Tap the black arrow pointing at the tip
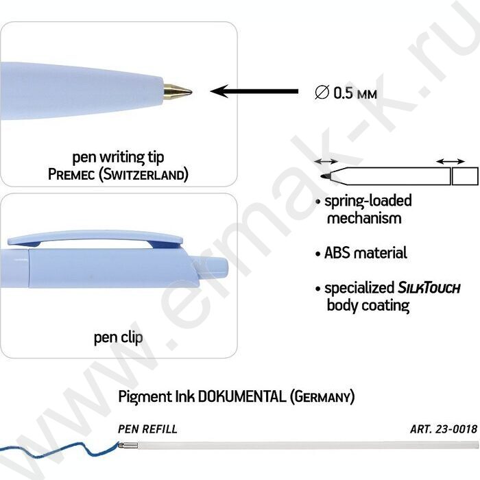click(x=254, y=91)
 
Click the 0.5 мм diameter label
click(x=346, y=93)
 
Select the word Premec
click(x=72, y=175)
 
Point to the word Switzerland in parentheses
click(x=144, y=175)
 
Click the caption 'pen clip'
click(x=118, y=337)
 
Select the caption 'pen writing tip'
click(x=118, y=157)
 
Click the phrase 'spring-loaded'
click(x=368, y=201)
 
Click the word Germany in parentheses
click(x=322, y=396)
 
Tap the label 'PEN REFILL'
click(x=147, y=429)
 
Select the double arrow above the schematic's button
click(x=451, y=161)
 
